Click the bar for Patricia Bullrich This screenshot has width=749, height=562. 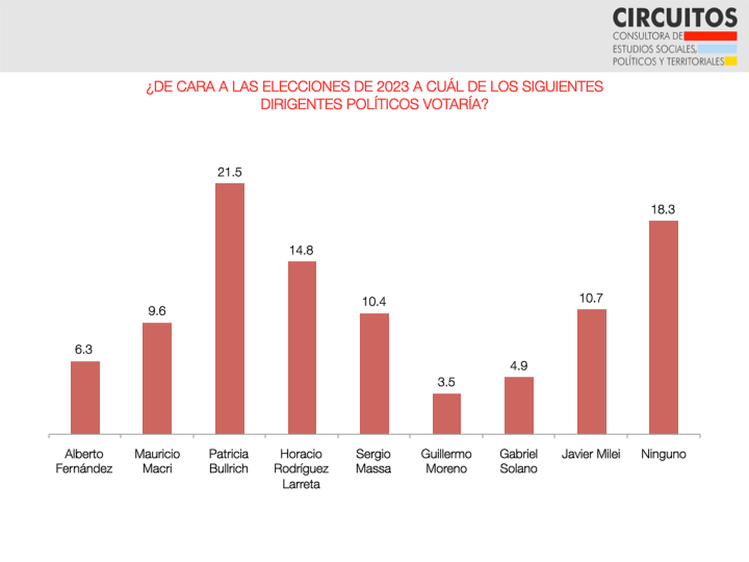(x=230, y=308)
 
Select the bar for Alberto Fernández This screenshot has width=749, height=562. (x=85, y=397)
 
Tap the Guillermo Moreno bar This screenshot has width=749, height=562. (x=447, y=413)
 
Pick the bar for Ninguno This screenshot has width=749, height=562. (x=663, y=327)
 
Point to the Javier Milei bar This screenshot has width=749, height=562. (x=592, y=372)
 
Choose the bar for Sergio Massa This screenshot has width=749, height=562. (x=374, y=373)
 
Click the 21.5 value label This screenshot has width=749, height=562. (x=230, y=172)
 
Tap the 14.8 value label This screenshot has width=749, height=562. (x=302, y=250)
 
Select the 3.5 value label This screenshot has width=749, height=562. (x=447, y=382)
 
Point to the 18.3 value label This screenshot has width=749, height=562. (x=663, y=209)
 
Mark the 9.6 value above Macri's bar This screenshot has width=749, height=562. (x=157, y=312)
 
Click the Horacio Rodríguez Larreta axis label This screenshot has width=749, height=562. (x=302, y=469)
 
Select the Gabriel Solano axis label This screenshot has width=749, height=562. (x=519, y=461)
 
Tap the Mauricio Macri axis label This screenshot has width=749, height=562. (x=157, y=461)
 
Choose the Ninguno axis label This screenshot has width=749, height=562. (x=663, y=455)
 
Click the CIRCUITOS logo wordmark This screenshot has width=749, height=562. (x=674, y=16)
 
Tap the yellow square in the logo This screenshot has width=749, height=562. (x=731, y=61)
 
